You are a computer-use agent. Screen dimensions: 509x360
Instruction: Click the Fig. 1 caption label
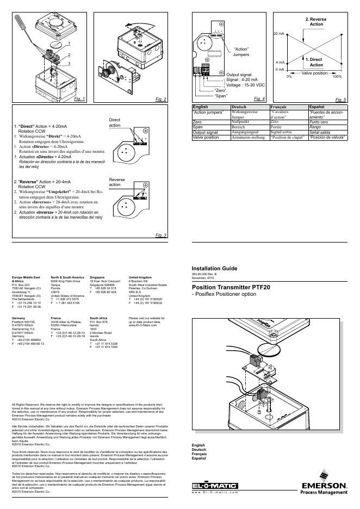tap(80, 99)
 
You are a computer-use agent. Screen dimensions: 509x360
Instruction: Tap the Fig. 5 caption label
tap(342, 100)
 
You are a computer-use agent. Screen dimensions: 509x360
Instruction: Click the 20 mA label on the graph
tap(278, 34)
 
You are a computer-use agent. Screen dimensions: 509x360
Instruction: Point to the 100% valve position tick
tap(337, 76)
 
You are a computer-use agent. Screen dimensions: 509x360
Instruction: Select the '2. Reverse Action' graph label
tap(316, 22)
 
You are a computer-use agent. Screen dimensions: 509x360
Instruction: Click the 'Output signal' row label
tap(206, 132)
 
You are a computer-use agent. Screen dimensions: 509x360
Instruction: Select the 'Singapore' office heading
tap(97, 277)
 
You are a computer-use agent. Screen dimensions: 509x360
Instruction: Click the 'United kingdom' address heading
tap(140, 277)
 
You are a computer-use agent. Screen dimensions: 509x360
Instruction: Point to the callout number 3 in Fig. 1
tap(69, 64)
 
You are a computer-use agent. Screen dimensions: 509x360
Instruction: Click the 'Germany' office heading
tap(18, 317)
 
